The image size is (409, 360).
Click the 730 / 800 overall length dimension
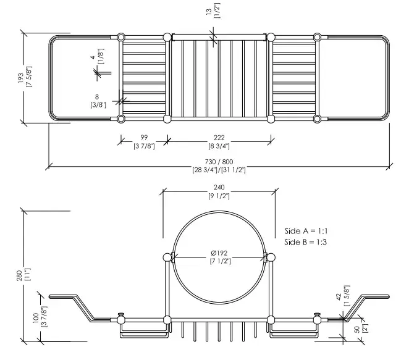click(219, 162)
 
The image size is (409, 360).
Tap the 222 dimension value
click(219, 137)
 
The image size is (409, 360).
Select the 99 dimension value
click(144, 137)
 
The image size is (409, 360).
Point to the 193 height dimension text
click(21, 78)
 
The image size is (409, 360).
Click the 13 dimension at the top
click(209, 12)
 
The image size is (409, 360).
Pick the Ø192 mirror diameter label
click(219, 253)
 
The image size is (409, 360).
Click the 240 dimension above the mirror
click(219, 187)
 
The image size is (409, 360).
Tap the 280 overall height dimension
click(20, 275)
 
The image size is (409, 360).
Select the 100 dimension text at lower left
click(36, 318)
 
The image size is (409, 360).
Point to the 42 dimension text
click(339, 297)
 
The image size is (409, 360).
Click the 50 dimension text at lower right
click(357, 329)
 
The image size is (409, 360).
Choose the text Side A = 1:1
click(306, 231)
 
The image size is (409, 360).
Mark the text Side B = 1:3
click(305, 242)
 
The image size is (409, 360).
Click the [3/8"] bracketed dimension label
click(98, 105)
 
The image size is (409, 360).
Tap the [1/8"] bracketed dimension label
click(101, 56)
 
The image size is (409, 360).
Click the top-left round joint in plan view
click(120, 37)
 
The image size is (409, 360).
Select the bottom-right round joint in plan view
click(317, 119)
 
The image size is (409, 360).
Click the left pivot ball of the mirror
click(167, 257)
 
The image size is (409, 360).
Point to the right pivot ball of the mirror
click(271, 257)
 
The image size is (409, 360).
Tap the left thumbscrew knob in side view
click(120, 314)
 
